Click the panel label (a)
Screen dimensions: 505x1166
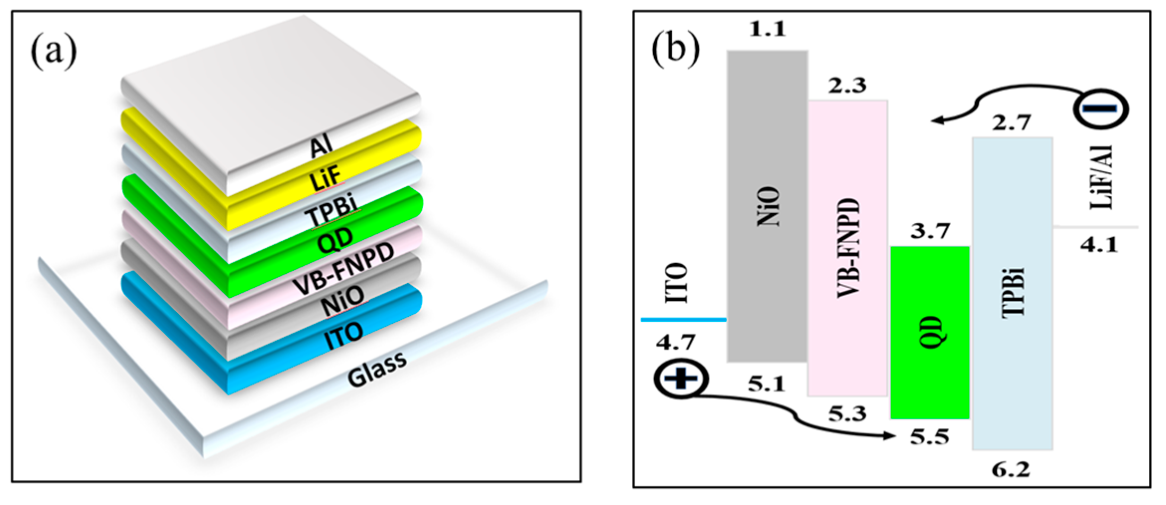[x=54, y=51]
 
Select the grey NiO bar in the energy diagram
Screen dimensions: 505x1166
[x=767, y=206]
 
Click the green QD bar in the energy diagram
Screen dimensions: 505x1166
[x=930, y=332]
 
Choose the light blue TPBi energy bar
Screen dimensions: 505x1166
[x=1012, y=293]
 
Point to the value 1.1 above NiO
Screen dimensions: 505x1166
[x=767, y=29]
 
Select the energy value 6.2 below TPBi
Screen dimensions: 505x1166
[x=1011, y=469]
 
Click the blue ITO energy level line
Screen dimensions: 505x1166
[x=684, y=319]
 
